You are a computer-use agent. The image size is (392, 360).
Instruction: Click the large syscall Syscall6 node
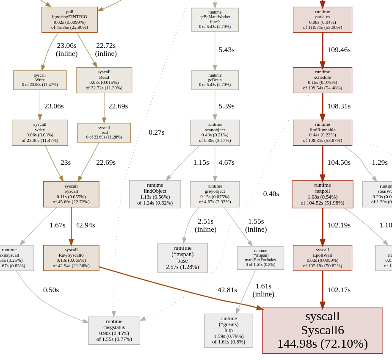(x=322, y=330)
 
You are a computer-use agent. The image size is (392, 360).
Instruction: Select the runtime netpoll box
(x=322, y=194)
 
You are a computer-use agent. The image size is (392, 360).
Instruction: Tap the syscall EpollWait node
(x=322, y=258)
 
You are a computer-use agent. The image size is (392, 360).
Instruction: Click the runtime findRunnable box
(x=322, y=133)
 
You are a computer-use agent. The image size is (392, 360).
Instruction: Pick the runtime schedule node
(x=322, y=80)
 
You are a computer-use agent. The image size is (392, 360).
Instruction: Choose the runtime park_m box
(x=322, y=19)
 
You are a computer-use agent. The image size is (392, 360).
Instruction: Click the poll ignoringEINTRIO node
(x=69, y=19)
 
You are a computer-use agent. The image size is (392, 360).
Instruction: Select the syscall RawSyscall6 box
(x=71, y=258)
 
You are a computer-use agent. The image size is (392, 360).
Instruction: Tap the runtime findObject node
(x=155, y=194)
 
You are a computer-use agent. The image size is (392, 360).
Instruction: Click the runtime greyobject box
(x=215, y=194)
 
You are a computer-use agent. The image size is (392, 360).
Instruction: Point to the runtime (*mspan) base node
(x=182, y=258)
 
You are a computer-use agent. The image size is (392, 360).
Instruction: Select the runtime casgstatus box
(x=114, y=330)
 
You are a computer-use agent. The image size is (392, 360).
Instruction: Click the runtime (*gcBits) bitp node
(x=229, y=330)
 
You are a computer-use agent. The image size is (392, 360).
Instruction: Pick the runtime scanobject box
(x=215, y=133)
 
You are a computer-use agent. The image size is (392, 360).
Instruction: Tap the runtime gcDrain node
(x=215, y=80)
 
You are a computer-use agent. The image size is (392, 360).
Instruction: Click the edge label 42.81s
(x=227, y=290)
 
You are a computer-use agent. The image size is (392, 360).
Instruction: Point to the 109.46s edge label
(x=339, y=50)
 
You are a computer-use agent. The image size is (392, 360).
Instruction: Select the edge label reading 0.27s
(x=156, y=132)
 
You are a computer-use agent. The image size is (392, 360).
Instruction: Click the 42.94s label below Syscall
(x=85, y=225)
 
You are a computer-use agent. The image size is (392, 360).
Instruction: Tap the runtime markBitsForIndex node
(x=260, y=258)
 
